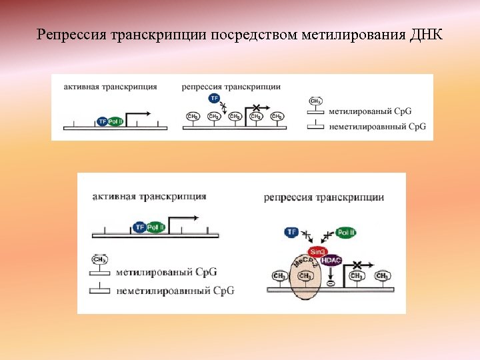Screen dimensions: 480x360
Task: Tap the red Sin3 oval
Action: pos(318,251)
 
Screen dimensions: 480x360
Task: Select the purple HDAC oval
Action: pos(331,261)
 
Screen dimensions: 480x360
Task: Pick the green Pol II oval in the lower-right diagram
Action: pos(346,233)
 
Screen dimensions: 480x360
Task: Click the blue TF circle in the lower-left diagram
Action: pos(139,227)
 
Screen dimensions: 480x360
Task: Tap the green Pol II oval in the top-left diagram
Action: pos(114,121)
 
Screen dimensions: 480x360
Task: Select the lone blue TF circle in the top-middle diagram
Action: pos(214,98)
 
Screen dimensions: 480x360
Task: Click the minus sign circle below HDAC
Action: pos(330,284)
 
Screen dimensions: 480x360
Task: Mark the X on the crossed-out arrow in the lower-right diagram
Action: pos(357,265)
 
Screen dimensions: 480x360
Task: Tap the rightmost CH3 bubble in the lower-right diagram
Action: pos(383,275)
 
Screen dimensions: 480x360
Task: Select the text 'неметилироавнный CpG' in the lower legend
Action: pos(175,291)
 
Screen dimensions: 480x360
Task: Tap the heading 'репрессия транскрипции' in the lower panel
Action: pos(323,197)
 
